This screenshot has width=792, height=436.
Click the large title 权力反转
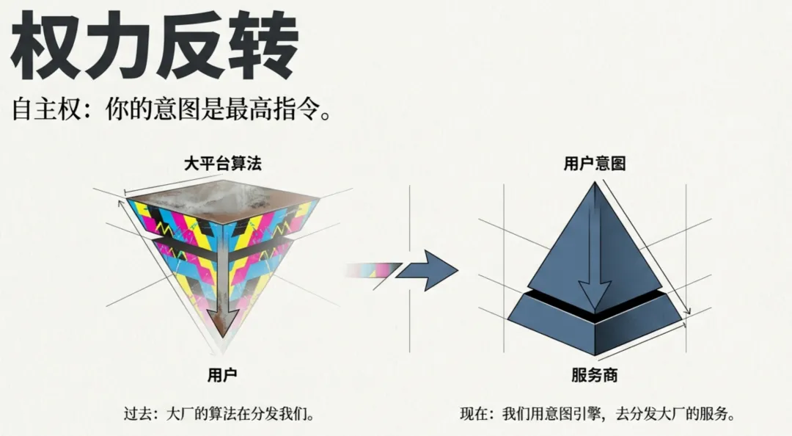tap(155, 46)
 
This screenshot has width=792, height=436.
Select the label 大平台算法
tap(223, 164)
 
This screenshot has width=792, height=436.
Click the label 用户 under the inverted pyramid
tap(223, 376)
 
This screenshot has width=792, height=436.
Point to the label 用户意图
tap(595, 164)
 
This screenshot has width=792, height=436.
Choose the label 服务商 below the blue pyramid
tap(595, 376)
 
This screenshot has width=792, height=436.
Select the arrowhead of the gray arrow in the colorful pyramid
tap(223, 321)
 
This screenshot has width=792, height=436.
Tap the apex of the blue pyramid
tap(594, 184)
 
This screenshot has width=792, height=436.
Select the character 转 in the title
tap(261, 46)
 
